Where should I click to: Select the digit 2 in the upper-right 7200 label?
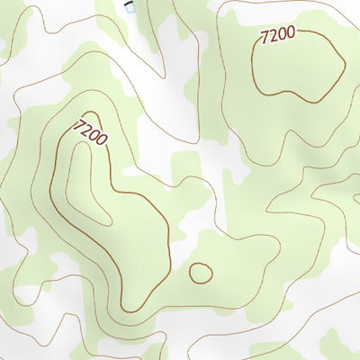273,38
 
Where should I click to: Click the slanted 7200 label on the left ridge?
93,132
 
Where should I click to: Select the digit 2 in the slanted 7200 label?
89,129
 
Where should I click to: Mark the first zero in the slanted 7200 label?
95,135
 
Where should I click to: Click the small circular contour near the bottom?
200,271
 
